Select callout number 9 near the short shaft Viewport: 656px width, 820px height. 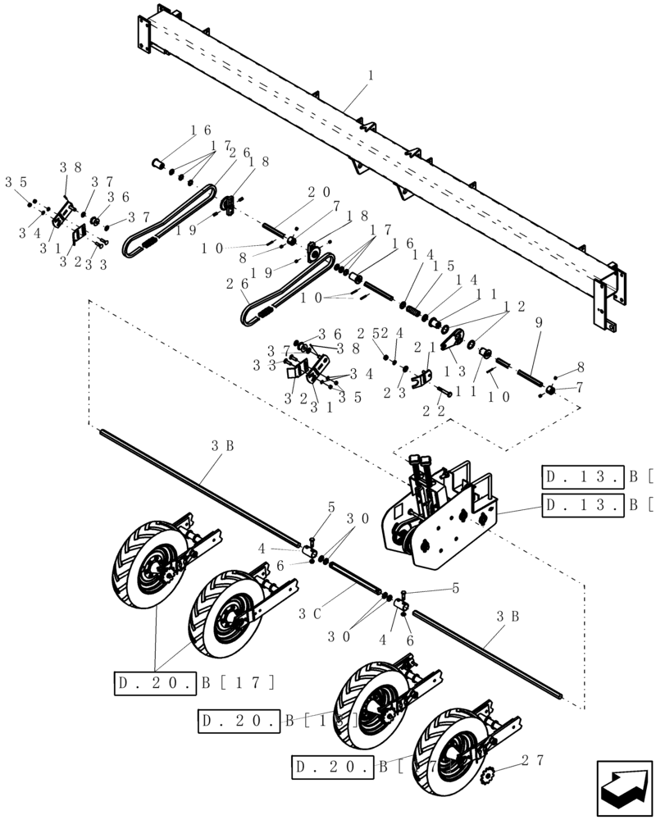(x=538, y=323)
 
